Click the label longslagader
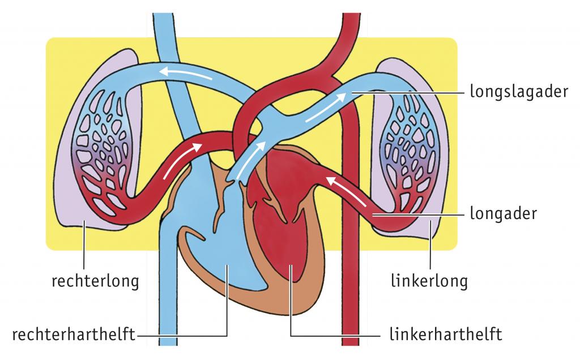[x=518, y=91]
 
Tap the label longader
[x=503, y=214]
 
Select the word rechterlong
[x=95, y=281]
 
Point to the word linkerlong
[x=429, y=281]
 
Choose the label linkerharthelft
[x=446, y=335]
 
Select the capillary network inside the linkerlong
[x=411, y=153]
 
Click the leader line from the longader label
[x=419, y=215]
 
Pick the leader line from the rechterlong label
[x=84, y=243]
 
